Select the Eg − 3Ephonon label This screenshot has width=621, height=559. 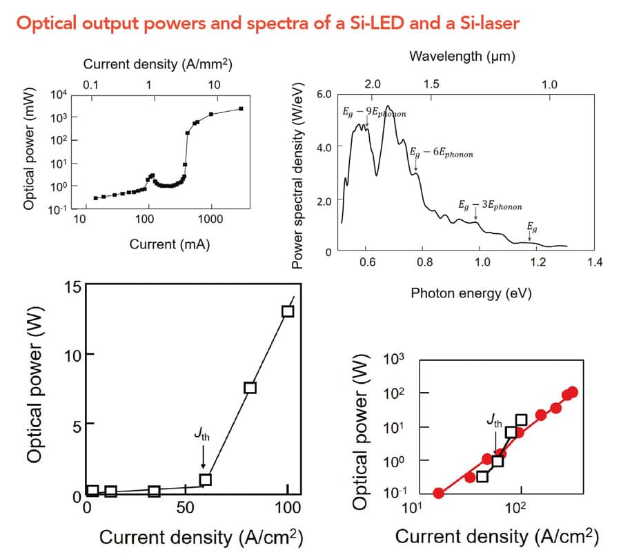tap(490, 206)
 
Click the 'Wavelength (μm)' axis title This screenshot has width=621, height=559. tap(462, 56)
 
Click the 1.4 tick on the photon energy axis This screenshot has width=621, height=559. tap(594, 262)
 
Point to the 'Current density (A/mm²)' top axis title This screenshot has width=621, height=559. tap(157, 65)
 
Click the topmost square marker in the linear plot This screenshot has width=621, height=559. tap(288, 311)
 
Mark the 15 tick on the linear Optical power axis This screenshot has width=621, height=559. tap(72, 287)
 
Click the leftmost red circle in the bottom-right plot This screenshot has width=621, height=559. tap(438, 493)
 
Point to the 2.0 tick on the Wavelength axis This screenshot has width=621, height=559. tap(373, 84)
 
